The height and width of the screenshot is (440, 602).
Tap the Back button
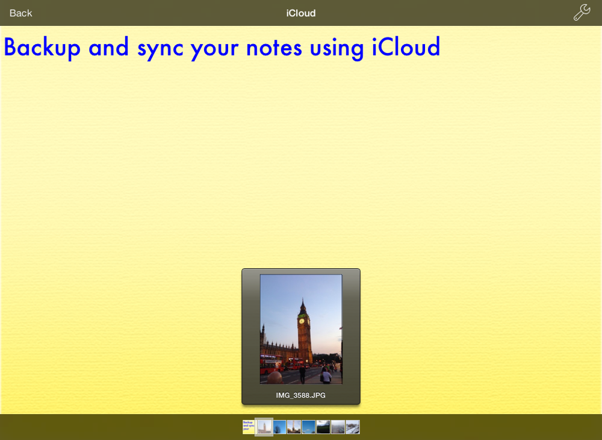pos(20,13)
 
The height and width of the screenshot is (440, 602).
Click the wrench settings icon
pos(582,12)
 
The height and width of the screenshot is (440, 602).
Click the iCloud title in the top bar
pos(301,13)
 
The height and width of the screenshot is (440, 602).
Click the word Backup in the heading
pos(42,48)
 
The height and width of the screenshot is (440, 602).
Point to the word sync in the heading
pos(160,49)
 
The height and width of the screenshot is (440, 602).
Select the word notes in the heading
pos(274,48)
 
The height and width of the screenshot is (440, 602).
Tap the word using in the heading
pos(337,49)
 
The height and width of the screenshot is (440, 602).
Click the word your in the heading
pos(215,50)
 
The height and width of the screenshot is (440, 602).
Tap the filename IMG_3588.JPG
pos(300,395)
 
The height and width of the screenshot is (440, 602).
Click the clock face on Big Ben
pos(302,321)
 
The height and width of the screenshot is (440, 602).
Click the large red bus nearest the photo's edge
pos(271,365)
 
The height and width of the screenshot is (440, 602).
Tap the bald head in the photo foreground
pos(275,378)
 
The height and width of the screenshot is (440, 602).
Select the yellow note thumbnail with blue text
pos(249,427)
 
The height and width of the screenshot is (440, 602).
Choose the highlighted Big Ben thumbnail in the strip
pos(264,427)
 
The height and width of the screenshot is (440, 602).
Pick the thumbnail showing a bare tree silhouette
pos(279,427)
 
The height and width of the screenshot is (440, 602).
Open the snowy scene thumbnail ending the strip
pos(353,427)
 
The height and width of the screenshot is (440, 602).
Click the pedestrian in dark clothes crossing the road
pos(303,374)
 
